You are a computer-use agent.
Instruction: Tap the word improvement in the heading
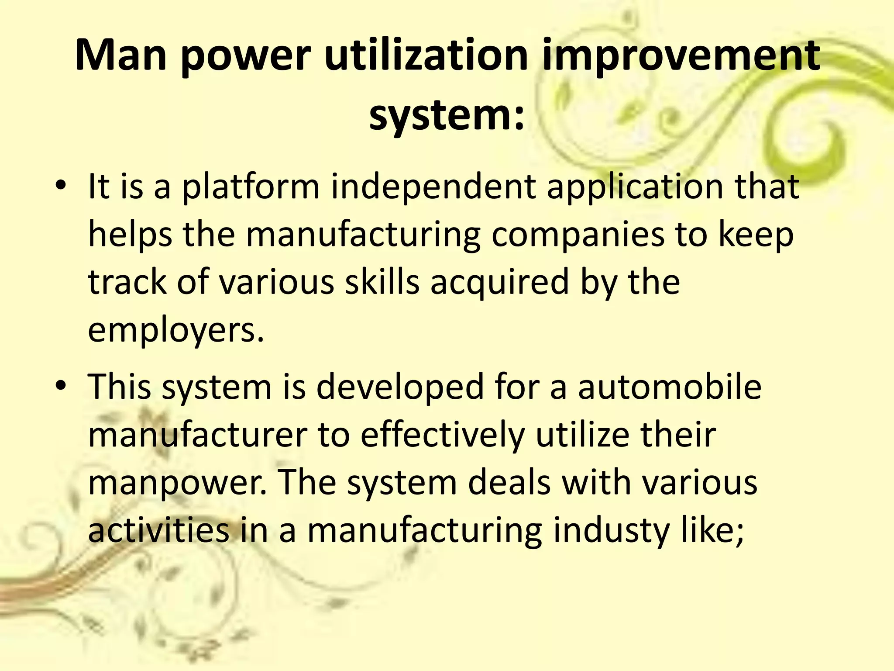(x=681, y=56)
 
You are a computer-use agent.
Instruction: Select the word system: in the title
(x=447, y=116)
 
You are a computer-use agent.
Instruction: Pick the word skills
(x=382, y=283)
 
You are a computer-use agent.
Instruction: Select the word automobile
(x=670, y=387)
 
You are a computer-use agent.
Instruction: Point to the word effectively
(x=442, y=435)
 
